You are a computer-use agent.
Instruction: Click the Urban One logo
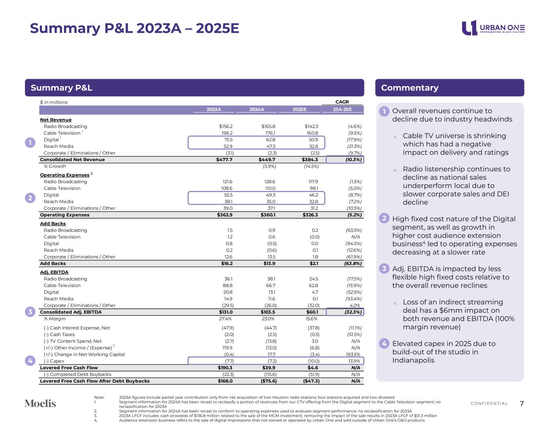(x=493, y=28)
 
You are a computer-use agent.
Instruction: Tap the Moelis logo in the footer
(x=40, y=403)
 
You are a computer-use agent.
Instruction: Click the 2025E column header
(x=299, y=109)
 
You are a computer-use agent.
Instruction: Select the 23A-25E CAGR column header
(x=342, y=109)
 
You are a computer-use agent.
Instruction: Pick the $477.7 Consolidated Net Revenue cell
(x=224, y=160)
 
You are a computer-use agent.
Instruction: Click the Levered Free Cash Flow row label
(x=69, y=368)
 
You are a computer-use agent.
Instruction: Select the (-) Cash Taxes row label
(x=59, y=334)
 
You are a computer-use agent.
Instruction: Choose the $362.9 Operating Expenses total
(x=224, y=215)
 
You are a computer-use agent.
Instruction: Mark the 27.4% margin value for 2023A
(x=225, y=319)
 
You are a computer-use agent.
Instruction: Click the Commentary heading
(x=409, y=88)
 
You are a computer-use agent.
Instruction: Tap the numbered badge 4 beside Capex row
(x=30, y=361)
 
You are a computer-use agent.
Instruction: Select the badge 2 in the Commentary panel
(x=384, y=219)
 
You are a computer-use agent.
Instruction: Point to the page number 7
(x=522, y=404)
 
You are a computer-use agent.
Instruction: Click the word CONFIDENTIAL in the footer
(x=489, y=404)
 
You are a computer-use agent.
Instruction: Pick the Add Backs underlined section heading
(x=53, y=223)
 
